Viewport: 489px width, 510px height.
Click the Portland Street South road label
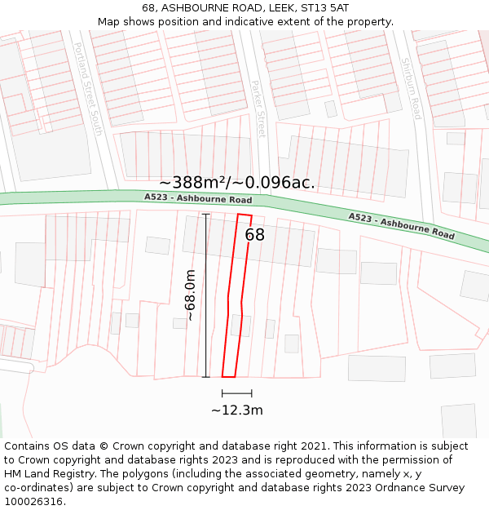88,88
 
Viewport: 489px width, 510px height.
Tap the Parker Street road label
258,108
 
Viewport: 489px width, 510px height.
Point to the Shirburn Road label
411,88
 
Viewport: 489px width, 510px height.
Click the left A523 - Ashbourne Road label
198,198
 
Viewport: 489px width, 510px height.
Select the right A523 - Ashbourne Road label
401,225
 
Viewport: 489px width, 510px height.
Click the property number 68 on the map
255,235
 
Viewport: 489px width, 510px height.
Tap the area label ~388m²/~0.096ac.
237,182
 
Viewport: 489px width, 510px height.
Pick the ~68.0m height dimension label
190,295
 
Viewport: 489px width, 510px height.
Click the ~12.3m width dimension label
236,410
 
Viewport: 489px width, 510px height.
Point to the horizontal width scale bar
236,393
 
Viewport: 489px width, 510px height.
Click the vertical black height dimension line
206,295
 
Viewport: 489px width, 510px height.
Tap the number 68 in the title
148,8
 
